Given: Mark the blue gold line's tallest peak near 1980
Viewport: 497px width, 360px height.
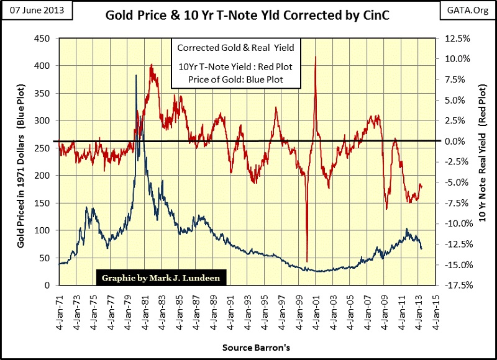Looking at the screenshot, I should (x=136, y=75).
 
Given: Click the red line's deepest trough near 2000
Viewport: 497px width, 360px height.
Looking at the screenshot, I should (x=307, y=261).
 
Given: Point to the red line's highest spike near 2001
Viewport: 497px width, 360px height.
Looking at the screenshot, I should (x=316, y=56).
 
